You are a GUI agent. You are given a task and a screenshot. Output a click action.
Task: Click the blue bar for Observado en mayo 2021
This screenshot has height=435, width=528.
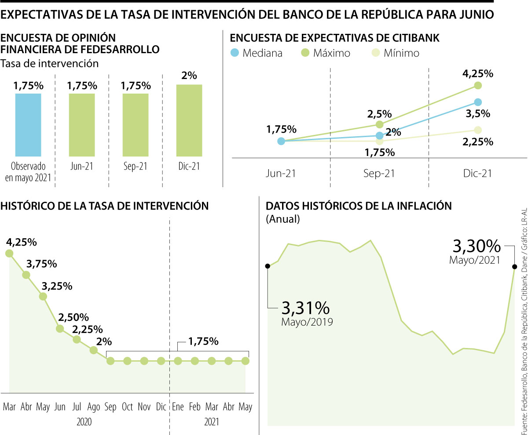[x=28, y=125]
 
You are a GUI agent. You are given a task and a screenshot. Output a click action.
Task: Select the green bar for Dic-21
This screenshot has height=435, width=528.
[x=189, y=120]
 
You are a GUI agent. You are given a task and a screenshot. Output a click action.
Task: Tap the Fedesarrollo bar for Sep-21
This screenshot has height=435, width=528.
[x=136, y=125]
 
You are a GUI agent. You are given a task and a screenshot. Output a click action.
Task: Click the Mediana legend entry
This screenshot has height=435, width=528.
[x=257, y=53]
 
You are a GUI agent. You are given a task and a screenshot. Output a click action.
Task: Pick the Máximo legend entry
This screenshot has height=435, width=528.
[x=325, y=53]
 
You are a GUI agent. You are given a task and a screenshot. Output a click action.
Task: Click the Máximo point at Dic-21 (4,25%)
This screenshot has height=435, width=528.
[x=478, y=85]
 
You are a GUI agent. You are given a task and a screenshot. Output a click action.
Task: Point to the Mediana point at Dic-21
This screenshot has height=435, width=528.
[x=478, y=102]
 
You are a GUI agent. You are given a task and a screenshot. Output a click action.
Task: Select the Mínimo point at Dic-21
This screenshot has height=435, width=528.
[x=478, y=130]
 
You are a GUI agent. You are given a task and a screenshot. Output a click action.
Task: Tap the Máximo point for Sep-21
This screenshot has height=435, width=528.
[x=379, y=124]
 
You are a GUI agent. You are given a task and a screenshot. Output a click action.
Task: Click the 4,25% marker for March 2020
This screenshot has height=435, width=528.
[x=9, y=253]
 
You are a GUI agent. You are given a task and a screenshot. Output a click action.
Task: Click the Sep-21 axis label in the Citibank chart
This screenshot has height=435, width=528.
[x=379, y=173]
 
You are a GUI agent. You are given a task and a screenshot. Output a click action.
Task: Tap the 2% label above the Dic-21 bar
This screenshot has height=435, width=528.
[x=189, y=75]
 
